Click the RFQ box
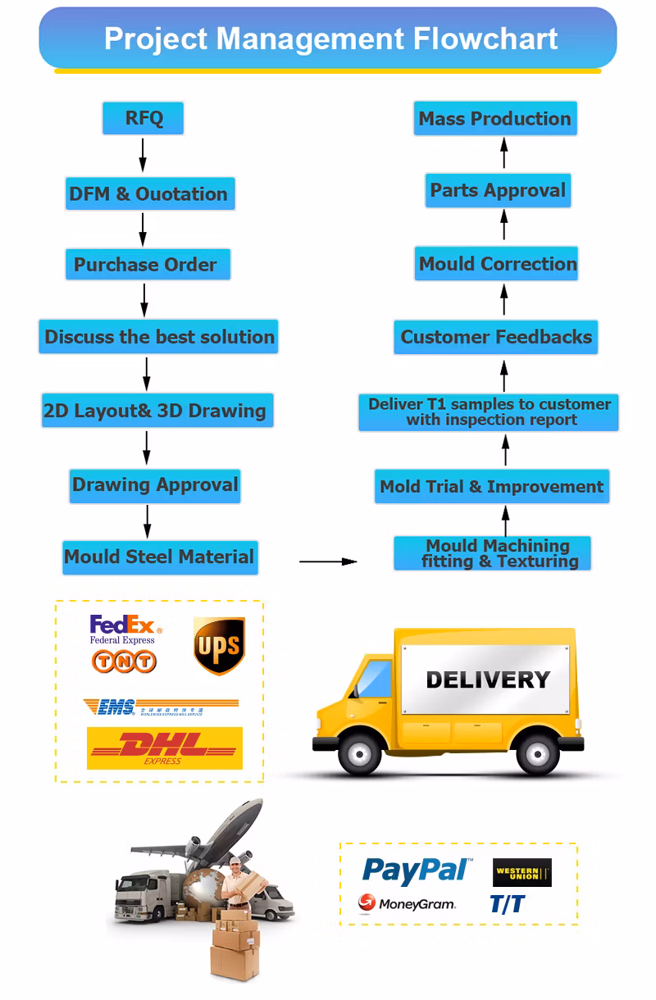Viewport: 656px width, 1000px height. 143,118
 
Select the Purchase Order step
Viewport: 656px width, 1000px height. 147,265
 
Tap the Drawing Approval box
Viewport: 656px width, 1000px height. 155,485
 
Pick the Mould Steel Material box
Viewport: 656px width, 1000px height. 160,557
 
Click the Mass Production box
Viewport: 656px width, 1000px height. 495,119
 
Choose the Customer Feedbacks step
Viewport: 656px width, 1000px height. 496,337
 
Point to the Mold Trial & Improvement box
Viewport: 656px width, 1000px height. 492,487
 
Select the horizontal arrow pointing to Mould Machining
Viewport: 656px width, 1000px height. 328,561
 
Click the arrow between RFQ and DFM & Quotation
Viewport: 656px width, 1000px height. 143,155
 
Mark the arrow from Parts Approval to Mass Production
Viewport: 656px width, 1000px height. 504,153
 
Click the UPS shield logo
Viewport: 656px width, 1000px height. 219,646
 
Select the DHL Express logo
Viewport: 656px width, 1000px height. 165,748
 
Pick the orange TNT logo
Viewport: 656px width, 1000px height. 124,661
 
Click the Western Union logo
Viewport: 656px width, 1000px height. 522,873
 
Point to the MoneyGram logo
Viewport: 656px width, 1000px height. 407,904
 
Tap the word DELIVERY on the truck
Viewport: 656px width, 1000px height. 487,680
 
